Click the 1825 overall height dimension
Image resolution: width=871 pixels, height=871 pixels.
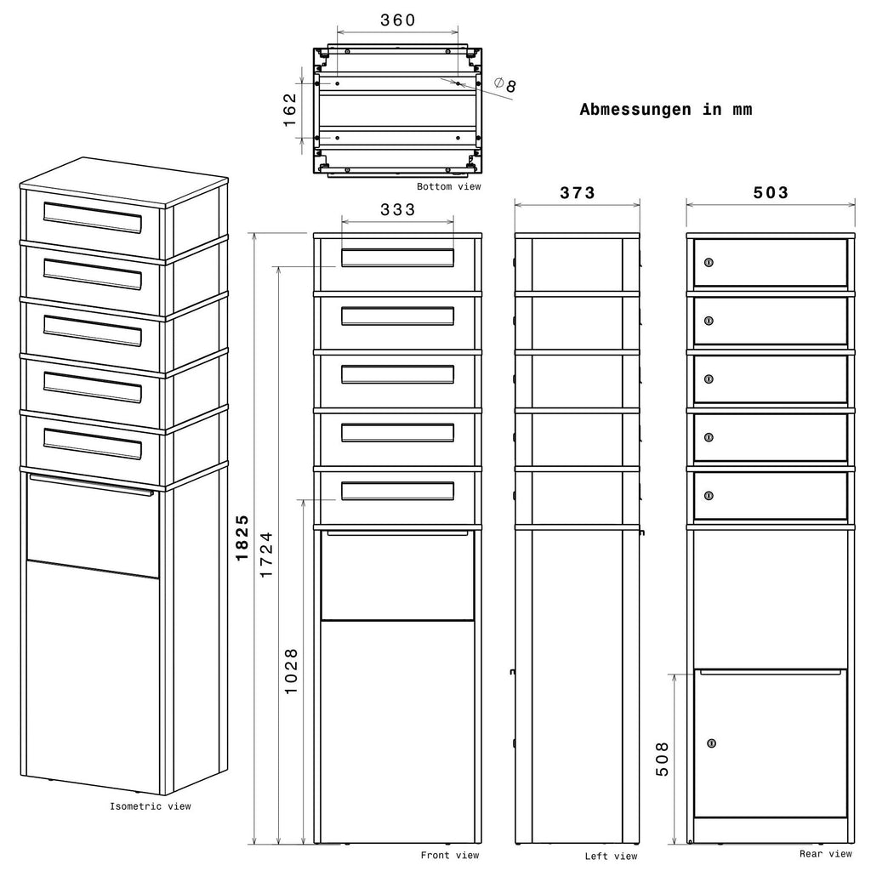pos(242,538)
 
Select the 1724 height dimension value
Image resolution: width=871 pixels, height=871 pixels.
pos(266,555)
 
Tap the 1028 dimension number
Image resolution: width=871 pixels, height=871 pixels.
pos(291,671)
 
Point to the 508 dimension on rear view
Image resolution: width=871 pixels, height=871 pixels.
pos(662,759)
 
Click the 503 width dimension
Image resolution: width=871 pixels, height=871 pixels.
pos(771,193)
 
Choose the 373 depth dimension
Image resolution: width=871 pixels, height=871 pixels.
pos(578,193)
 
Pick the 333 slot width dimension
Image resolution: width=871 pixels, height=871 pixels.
pos(398,209)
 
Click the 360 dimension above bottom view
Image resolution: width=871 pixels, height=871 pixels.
pos(398,20)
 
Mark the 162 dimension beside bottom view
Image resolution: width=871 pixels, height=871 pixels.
pos(290,110)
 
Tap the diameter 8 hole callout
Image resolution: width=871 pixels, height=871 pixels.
pos(505,85)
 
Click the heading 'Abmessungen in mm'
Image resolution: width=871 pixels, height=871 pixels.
pos(666,110)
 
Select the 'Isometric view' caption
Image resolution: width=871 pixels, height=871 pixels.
pos(150,806)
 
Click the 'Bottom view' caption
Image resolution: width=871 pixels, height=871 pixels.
pos(449,186)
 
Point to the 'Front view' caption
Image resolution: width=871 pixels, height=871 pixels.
pos(450,855)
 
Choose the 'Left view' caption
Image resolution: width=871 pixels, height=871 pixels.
pos(611,856)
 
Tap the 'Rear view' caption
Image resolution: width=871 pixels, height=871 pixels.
pos(825,854)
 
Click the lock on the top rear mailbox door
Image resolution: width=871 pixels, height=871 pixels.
pos(709,262)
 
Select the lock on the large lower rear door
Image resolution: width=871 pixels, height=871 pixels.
pos(712,743)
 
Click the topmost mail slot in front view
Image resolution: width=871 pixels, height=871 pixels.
pos(398,258)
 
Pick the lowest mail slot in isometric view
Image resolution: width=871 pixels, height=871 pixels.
pos(92,444)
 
